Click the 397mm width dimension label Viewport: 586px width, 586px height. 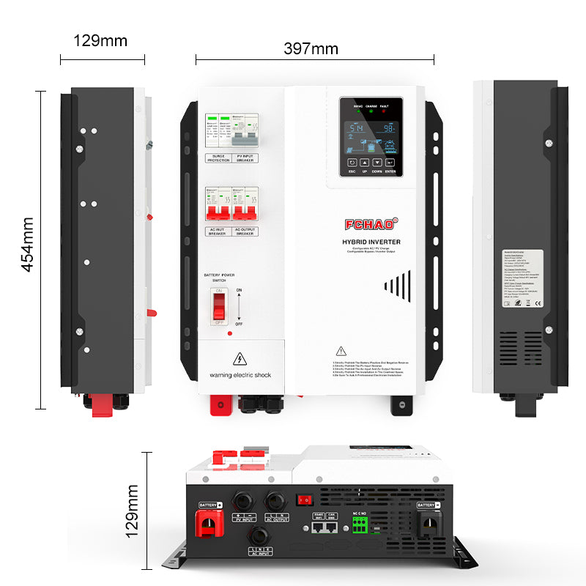[x=311, y=49]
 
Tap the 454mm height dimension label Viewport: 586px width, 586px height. [x=27, y=245]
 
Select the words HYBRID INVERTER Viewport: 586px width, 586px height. [x=371, y=242]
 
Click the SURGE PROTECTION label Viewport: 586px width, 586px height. [x=218, y=157]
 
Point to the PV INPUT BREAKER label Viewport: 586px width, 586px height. [x=245, y=157]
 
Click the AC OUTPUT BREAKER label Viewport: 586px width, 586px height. [x=245, y=232]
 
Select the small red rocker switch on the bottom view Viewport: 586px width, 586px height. [x=303, y=500]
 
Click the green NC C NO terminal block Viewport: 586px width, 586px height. [x=360, y=524]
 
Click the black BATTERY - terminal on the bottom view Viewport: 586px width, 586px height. [x=429, y=527]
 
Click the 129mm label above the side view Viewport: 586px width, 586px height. [x=100, y=40]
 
